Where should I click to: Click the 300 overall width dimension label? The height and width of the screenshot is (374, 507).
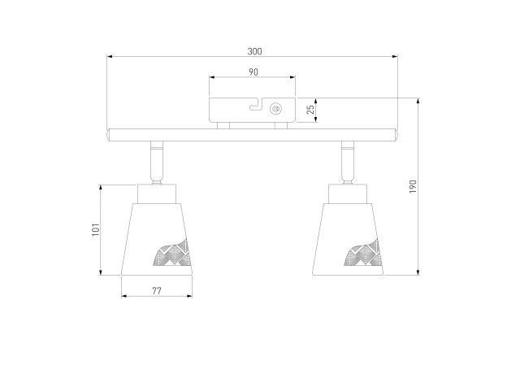(x=254, y=51)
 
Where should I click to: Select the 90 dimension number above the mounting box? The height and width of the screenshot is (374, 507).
(x=253, y=72)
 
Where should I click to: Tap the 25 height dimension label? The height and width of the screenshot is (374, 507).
(x=310, y=110)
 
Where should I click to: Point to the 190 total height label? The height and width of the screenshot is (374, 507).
(x=413, y=187)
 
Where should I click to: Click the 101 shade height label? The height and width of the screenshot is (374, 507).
(x=96, y=229)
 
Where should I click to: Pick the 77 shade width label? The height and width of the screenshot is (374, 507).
(x=157, y=291)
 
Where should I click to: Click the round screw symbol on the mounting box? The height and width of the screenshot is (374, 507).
(x=275, y=109)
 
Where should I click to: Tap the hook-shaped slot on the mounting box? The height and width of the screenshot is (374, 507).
(x=256, y=104)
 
